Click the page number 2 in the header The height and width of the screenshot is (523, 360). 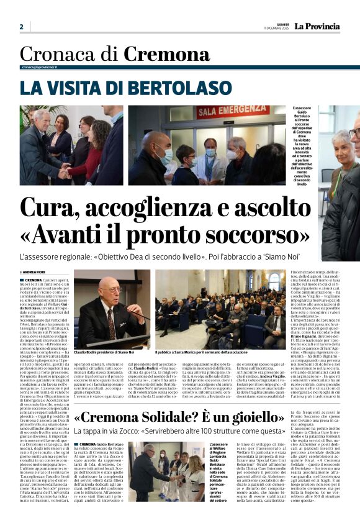pyautogui.click(x=21, y=27)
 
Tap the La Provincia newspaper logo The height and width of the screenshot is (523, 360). pyautogui.click(x=317, y=26)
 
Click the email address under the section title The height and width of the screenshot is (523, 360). pyautogui.click(x=39, y=66)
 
